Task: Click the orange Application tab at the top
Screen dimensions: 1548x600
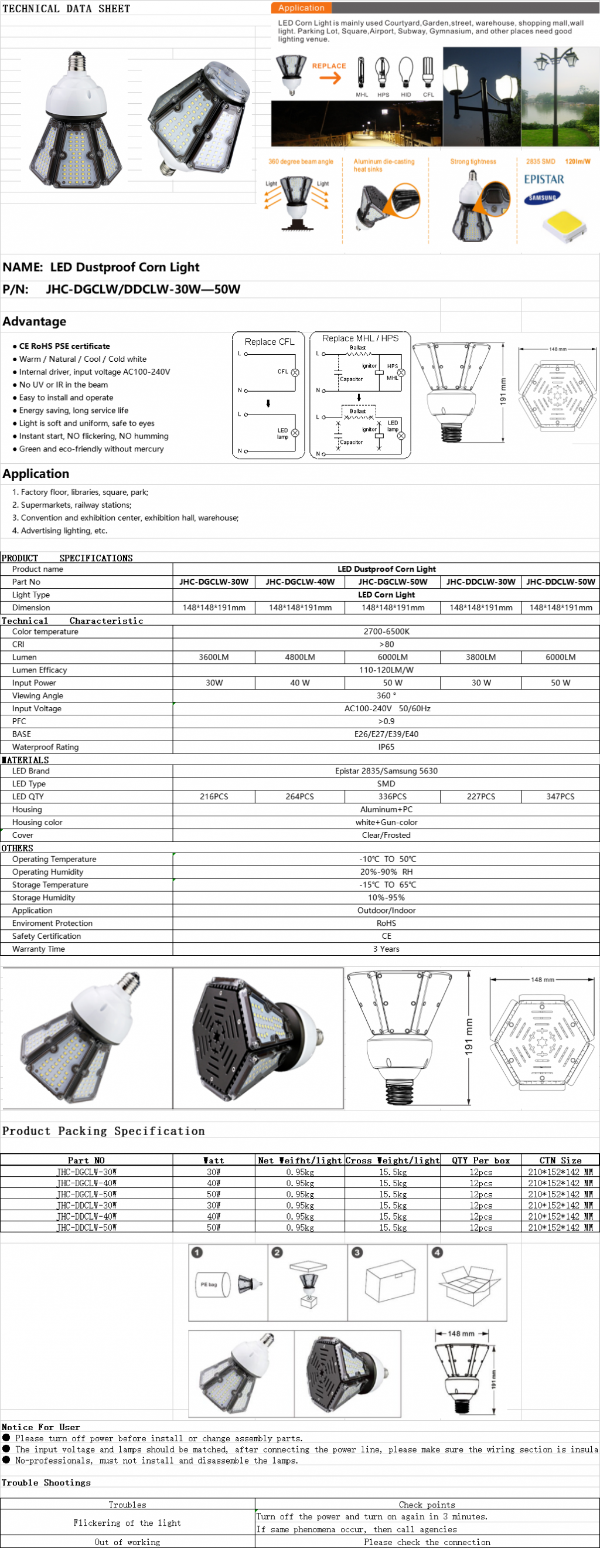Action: pyautogui.click(x=301, y=8)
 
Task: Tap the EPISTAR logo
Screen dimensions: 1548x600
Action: pyautogui.click(x=544, y=179)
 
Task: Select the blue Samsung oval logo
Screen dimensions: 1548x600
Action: pyautogui.click(x=542, y=198)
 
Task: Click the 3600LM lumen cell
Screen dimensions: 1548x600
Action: pyautogui.click(x=214, y=657)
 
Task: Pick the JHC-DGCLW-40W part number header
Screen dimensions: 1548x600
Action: pyautogui.click(x=299, y=582)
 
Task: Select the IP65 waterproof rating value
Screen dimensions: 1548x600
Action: pyautogui.click(x=386, y=747)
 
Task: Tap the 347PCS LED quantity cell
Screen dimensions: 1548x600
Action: pyautogui.click(x=560, y=796)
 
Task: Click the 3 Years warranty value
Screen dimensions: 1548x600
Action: pyautogui.click(x=386, y=949)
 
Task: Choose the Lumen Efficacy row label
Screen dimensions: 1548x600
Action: pyautogui.click(x=40, y=670)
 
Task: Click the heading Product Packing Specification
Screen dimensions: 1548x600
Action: pyautogui.click(x=103, y=1131)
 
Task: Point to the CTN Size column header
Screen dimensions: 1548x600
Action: pyautogui.click(x=560, y=1160)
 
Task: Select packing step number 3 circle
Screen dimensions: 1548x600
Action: pyautogui.click(x=357, y=1252)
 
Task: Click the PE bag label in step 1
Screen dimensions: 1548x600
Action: pyautogui.click(x=209, y=1285)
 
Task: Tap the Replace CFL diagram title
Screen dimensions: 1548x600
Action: pyautogui.click(x=269, y=341)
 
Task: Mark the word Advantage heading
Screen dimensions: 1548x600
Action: pyautogui.click(x=34, y=321)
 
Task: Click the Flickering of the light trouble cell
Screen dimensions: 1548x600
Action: pyautogui.click(x=127, y=1523)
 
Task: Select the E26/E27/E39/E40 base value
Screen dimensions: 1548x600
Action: pyautogui.click(x=386, y=734)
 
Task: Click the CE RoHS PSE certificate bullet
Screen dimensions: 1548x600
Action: pyautogui.click(x=64, y=346)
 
